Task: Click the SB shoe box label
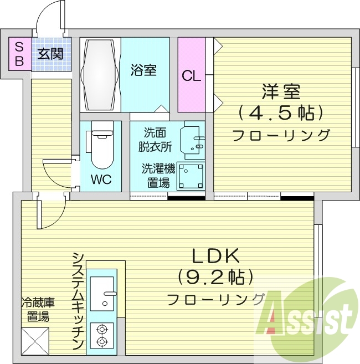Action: pos(19,54)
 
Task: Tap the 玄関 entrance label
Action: pos(50,54)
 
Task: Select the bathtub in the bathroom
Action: pos(100,75)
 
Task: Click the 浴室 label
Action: pos(143,70)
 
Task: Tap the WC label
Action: pos(101,180)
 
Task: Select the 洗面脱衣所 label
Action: pos(156,140)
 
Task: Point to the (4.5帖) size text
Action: pos(281,112)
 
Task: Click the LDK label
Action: pos(215,255)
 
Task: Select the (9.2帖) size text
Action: pos(215,276)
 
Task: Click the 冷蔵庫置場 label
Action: pos(38,310)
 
